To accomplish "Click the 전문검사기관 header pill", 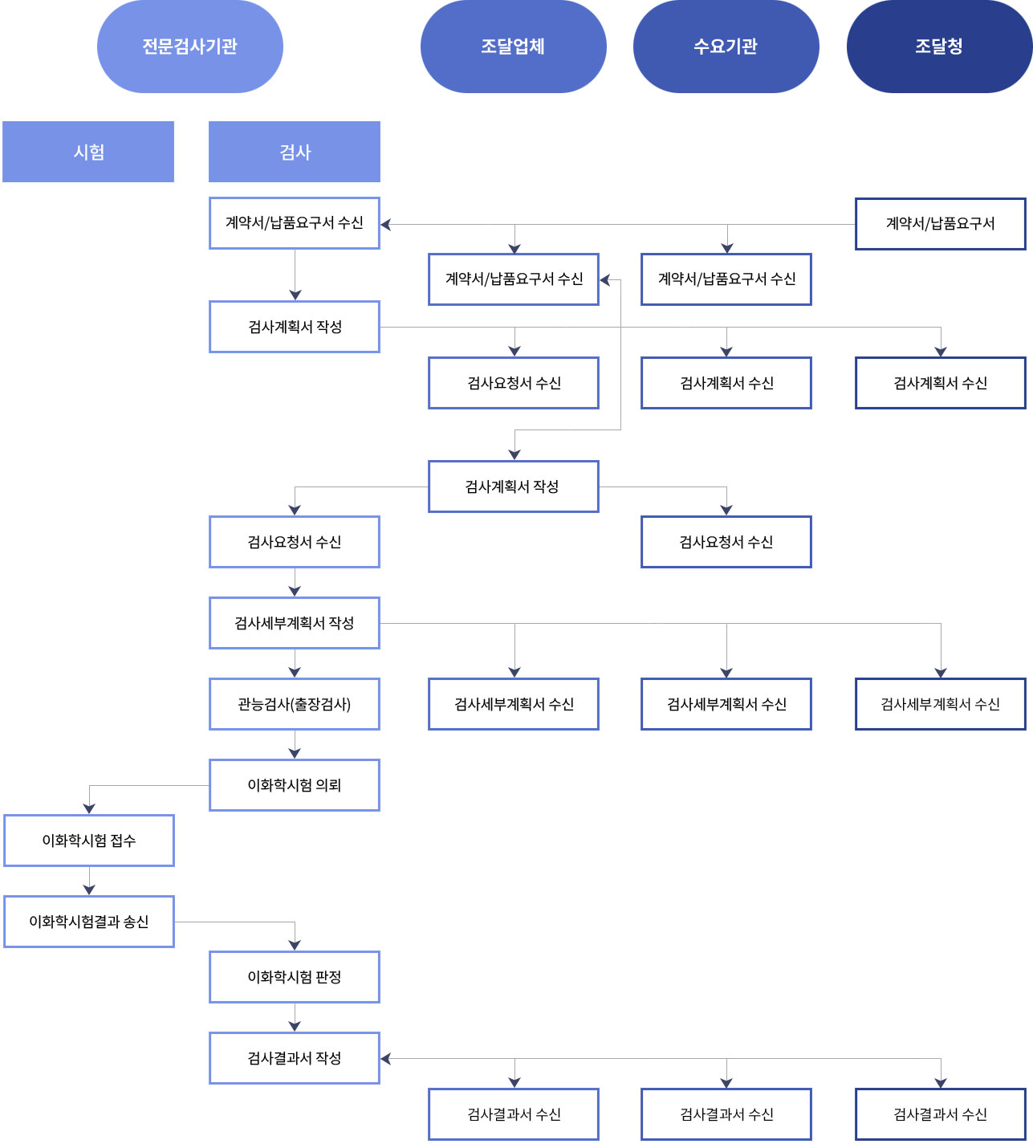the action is (190, 47).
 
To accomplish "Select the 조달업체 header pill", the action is (514, 47).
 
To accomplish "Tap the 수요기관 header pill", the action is (726, 47).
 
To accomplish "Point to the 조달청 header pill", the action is (939, 47).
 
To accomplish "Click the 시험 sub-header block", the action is (88, 152).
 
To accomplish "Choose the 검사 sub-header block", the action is (295, 152).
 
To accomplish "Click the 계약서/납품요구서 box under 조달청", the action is (941, 223).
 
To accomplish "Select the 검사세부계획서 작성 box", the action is (295, 623).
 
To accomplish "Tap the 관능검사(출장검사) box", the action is (295, 704).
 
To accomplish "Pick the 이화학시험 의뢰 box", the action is (295, 784).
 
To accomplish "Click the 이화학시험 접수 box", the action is (89, 840).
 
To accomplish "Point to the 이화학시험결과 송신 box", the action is (89, 922).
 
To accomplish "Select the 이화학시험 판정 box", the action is (295, 977).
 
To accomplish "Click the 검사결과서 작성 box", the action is (295, 1058).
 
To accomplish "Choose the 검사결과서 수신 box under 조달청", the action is (941, 1113).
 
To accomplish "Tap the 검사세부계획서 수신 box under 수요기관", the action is (726, 704).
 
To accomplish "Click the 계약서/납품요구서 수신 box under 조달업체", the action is (514, 279).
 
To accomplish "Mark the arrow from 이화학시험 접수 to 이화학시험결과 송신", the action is (89, 881).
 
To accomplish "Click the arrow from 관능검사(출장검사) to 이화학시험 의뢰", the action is (295, 745).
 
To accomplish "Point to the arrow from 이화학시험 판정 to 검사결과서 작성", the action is (295, 1017).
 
